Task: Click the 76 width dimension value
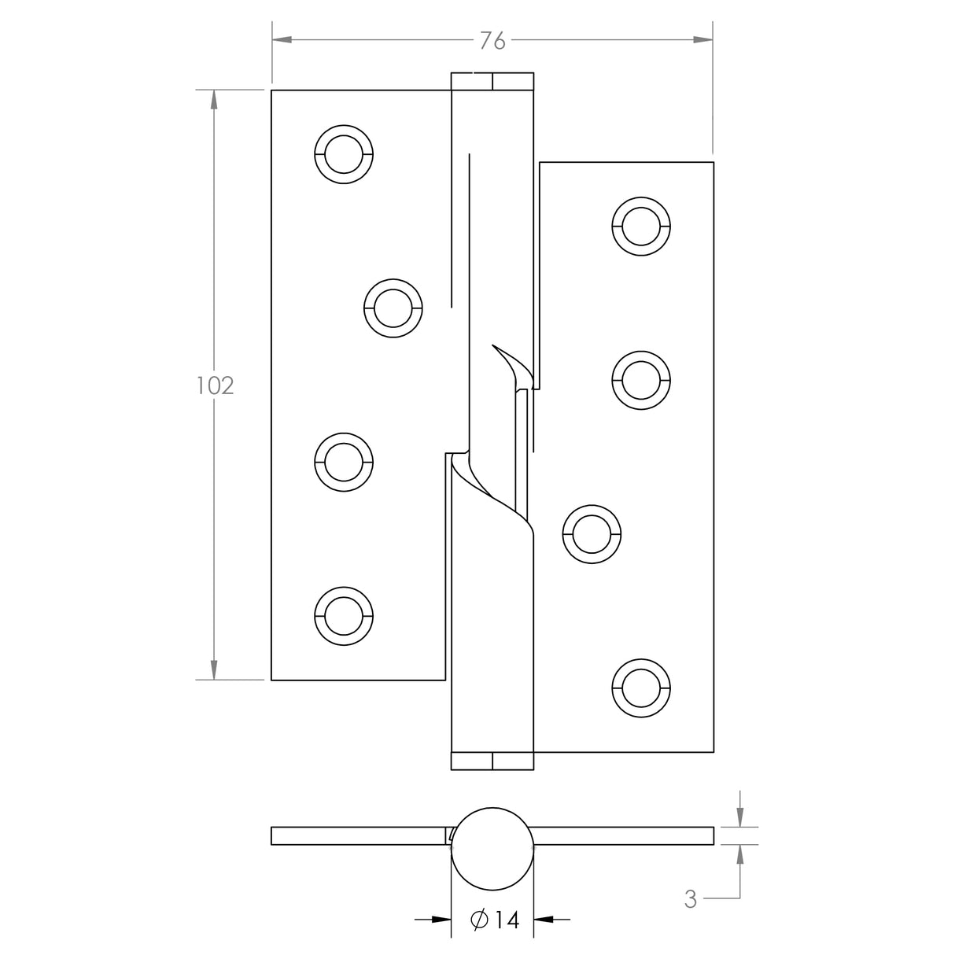tap(492, 41)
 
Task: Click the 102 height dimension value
tap(215, 385)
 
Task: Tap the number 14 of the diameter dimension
tap(507, 920)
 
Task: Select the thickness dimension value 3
tap(690, 899)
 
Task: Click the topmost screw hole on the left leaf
tap(343, 153)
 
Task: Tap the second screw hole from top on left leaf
tap(393, 308)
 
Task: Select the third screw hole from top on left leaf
tap(343, 463)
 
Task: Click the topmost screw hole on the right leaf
tap(641, 227)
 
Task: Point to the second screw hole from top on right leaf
tap(641, 380)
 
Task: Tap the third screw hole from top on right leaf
tap(592, 535)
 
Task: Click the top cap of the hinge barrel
tap(492, 82)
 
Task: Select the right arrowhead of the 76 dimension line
tap(702, 39)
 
